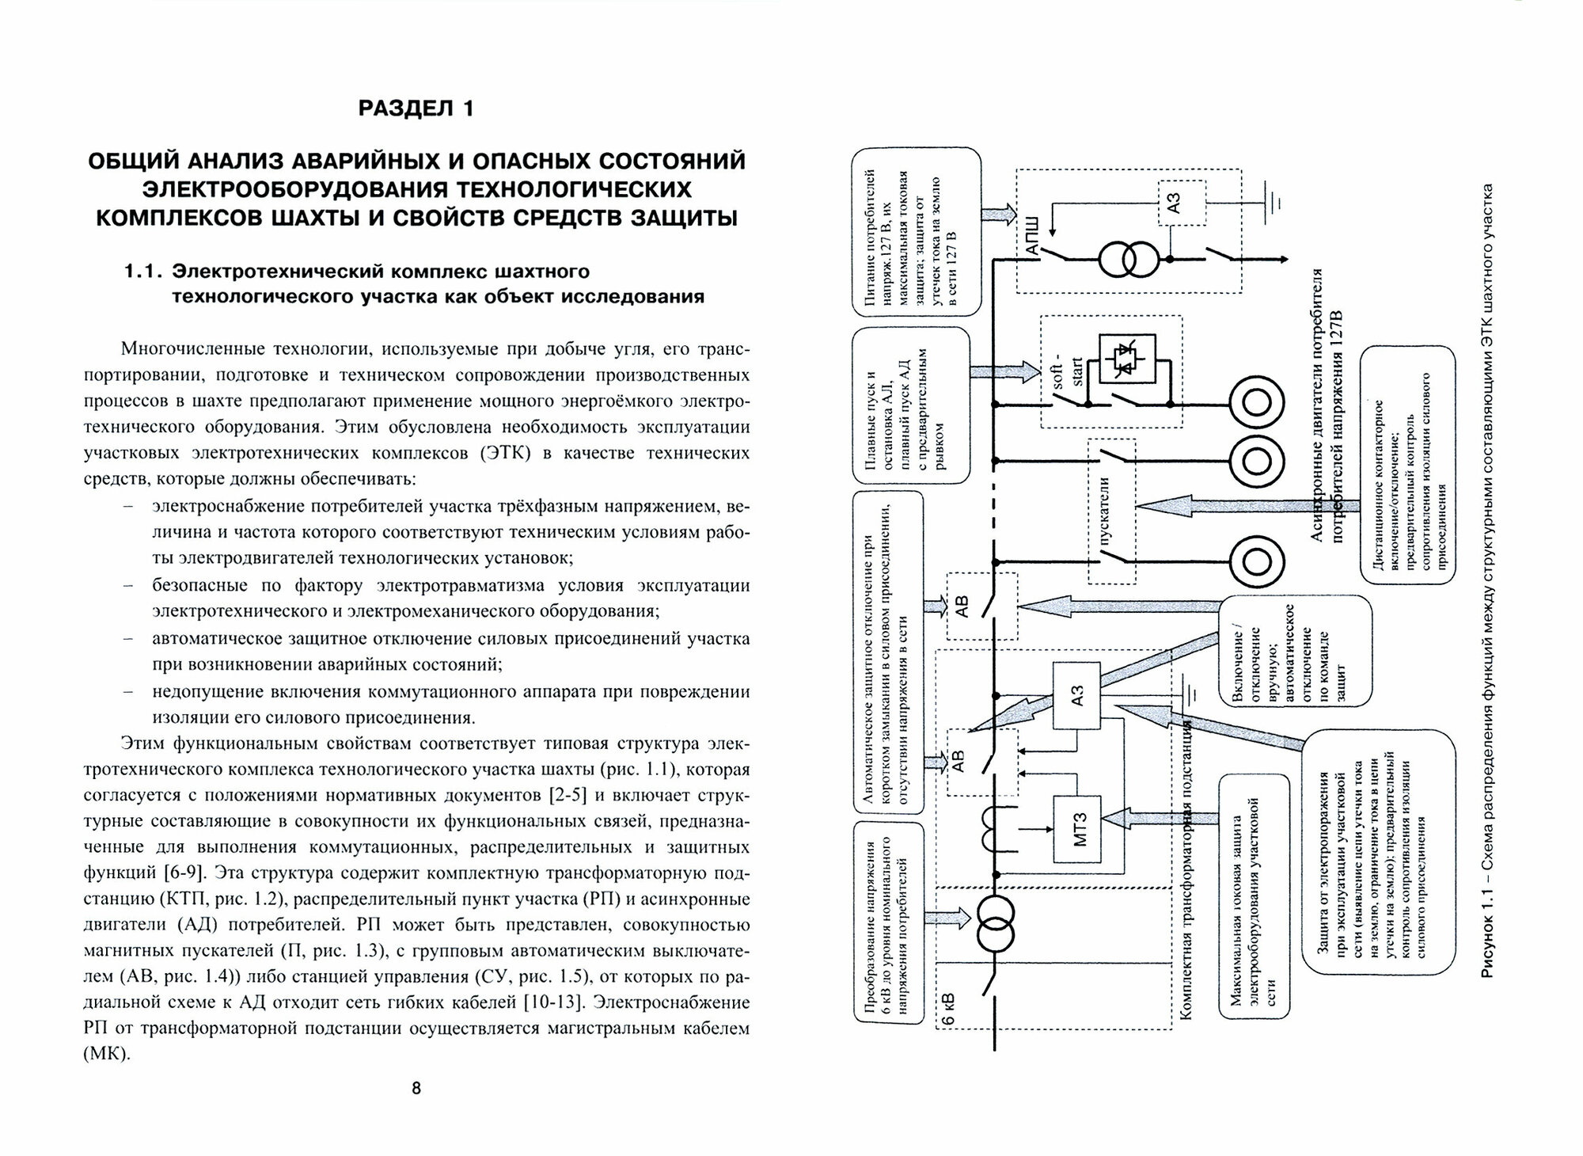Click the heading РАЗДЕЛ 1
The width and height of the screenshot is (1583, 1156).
416,108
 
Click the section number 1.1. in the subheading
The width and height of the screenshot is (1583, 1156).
142,272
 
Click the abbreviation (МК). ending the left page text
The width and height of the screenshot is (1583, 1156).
106,1054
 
